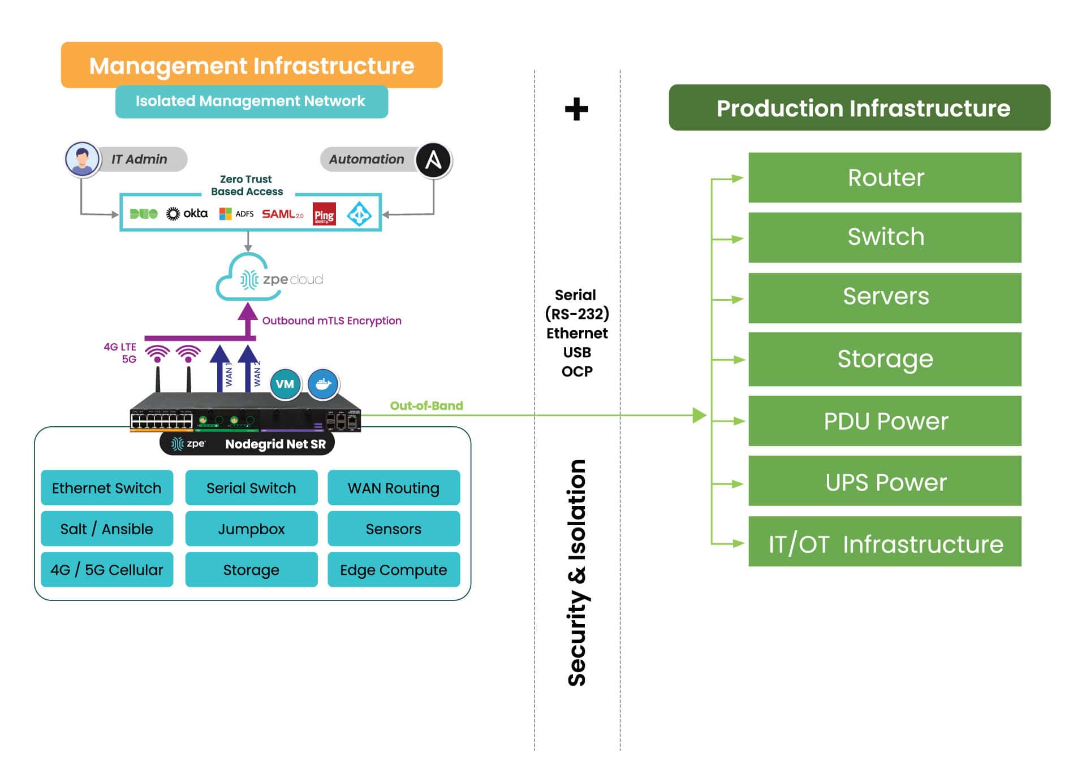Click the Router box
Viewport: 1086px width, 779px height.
coord(885,178)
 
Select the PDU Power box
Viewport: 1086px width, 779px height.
coord(885,421)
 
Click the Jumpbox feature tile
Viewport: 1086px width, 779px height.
coord(251,529)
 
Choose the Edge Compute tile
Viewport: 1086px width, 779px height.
coord(393,570)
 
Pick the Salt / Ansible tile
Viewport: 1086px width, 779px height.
coord(107,529)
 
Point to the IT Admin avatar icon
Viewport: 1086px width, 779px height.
coord(83,159)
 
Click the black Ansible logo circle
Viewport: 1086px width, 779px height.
coord(433,160)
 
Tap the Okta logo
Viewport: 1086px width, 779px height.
coord(187,214)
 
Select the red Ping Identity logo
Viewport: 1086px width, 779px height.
coord(324,215)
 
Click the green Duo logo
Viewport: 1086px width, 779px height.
coord(144,214)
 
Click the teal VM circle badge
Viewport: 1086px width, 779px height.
coord(285,384)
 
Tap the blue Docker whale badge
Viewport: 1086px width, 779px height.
coord(323,384)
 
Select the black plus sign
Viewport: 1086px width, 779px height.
coord(576,109)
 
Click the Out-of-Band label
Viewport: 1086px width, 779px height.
coord(426,406)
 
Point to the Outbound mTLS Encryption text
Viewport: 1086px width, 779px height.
coord(331,321)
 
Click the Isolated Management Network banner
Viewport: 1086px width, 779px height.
coord(251,102)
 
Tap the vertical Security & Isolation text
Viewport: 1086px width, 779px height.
coord(577,573)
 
